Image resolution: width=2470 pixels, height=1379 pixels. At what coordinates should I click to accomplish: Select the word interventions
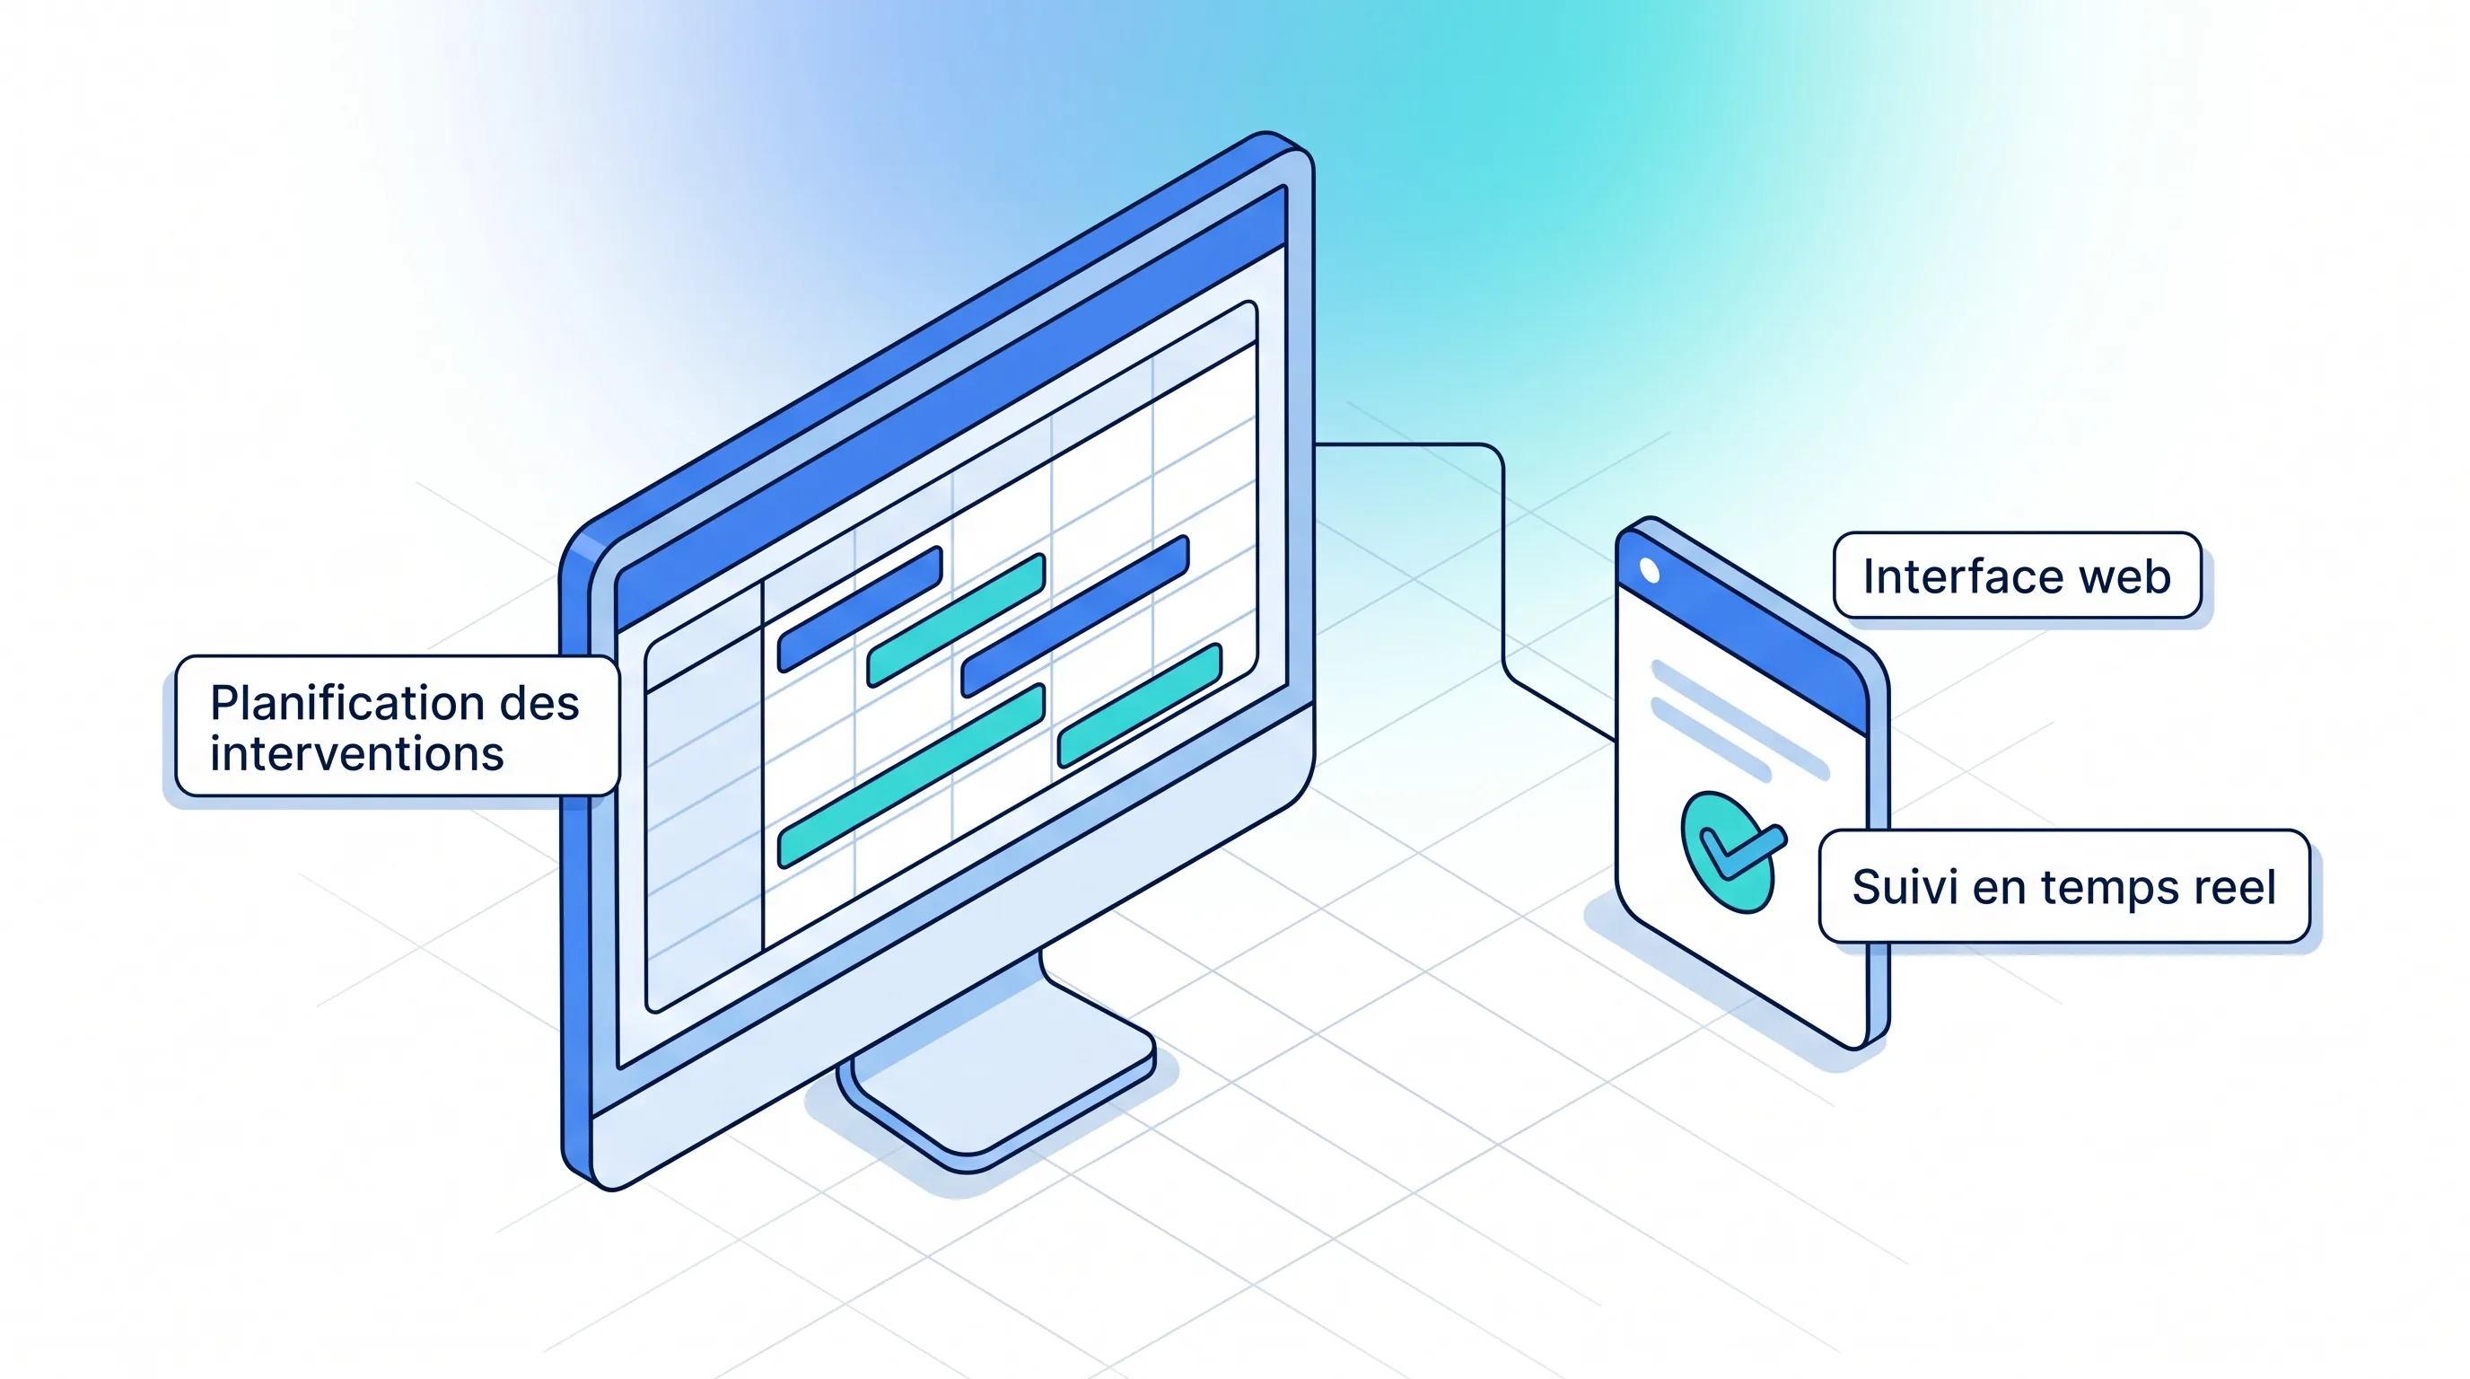pyautogui.click(x=356, y=754)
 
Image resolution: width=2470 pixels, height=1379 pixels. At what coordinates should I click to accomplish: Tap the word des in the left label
pyautogui.click(x=539, y=704)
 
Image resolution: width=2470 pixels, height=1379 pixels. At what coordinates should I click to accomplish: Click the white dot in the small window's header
pyautogui.click(x=1650, y=571)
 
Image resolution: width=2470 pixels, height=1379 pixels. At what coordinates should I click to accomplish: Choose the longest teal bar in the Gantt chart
pyautogui.click(x=911, y=775)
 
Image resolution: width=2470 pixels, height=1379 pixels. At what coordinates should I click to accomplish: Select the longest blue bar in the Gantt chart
pyautogui.click(x=1075, y=615)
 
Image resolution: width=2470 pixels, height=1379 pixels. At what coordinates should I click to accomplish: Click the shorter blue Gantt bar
pyautogui.click(x=860, y=609)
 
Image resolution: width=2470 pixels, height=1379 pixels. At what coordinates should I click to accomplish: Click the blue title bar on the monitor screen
pyautogui.click(x=950, y=408)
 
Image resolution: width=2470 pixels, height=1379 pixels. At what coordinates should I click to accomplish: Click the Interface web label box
pyautogui.click(x=2017, y=575)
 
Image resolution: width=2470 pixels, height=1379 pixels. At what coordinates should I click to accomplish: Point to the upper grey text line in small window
pyautogui.click(x=1739, y=720)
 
